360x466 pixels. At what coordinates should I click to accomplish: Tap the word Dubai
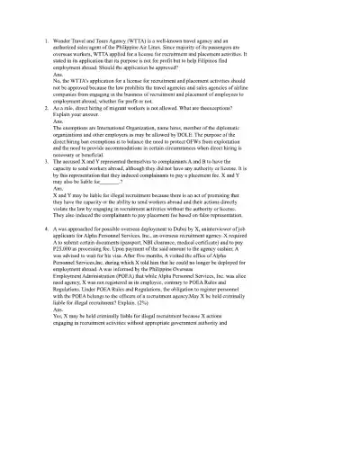tap(229, 229)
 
